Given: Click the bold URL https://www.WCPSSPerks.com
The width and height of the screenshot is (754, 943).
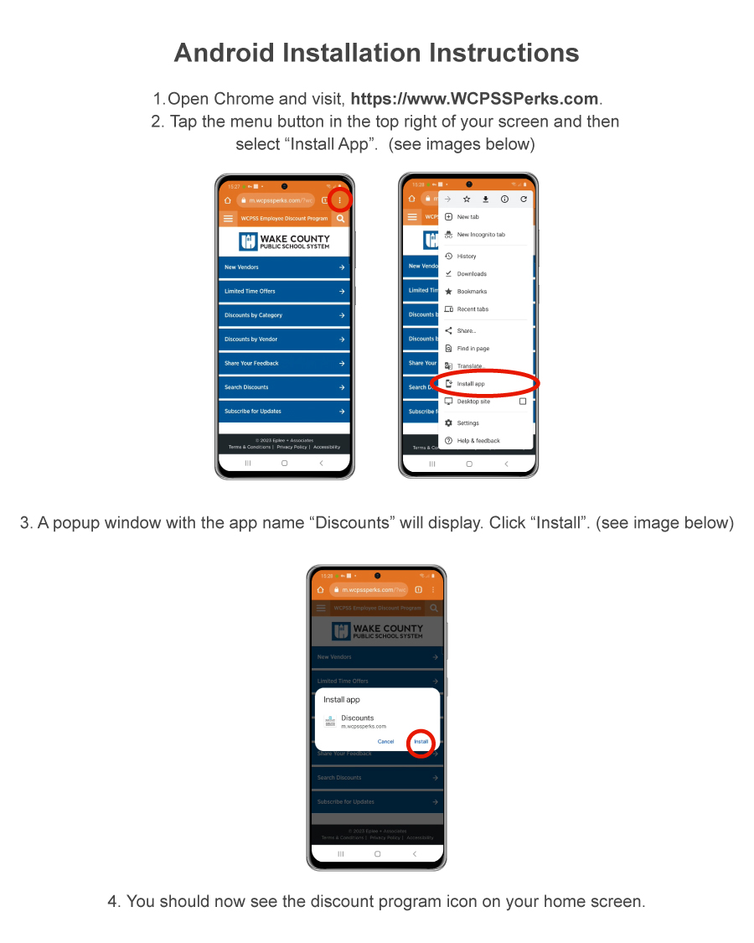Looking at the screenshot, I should pos(474,98).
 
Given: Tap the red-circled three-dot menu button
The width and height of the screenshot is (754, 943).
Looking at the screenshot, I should pos(339,200).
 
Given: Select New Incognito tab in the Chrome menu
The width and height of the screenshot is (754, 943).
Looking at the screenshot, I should pos(480,235).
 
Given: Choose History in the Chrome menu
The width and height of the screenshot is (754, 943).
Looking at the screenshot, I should pos(466,256).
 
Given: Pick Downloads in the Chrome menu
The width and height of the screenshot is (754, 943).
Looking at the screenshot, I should pos(471,274).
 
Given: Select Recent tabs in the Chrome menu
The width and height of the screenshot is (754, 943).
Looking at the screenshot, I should pos(473,309).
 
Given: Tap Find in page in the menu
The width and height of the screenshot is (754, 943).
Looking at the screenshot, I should pos(473,349).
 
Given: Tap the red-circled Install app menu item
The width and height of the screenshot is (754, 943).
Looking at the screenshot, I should pos(471,384).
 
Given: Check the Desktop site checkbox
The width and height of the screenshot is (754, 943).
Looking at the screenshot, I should pos(523,402).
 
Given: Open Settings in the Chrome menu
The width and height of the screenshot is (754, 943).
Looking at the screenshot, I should pos(467,423).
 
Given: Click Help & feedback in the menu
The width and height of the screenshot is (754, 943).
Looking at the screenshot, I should pos(478,441).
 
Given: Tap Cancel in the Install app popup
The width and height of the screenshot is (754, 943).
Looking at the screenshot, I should pos(385,742).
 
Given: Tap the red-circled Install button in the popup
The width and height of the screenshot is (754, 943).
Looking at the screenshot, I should pos(421,742).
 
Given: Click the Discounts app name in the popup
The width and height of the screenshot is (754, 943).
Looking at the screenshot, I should pos(358,718).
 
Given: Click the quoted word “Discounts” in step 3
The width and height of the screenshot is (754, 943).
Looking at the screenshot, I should pos(353,523).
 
